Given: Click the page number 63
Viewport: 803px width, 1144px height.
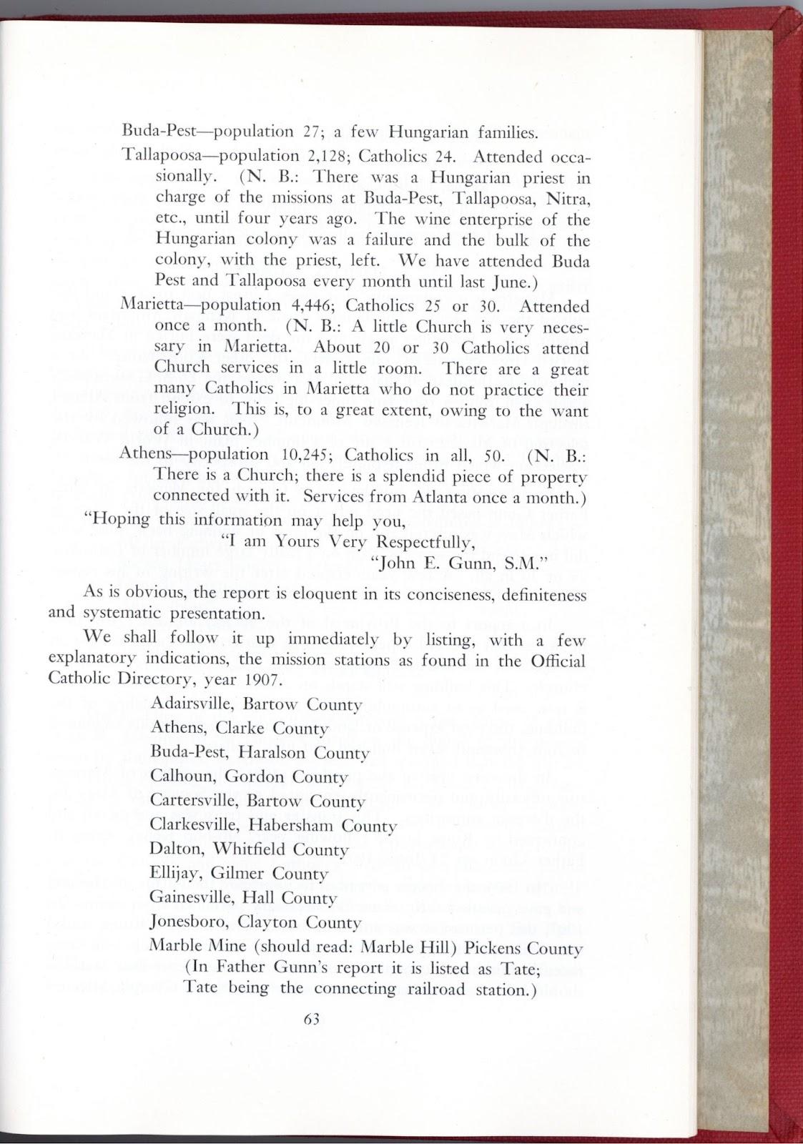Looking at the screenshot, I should pyautogui.click(x=311, y=1020).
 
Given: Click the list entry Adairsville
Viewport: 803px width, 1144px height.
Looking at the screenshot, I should pyautogui.click(x=192, y=704).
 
